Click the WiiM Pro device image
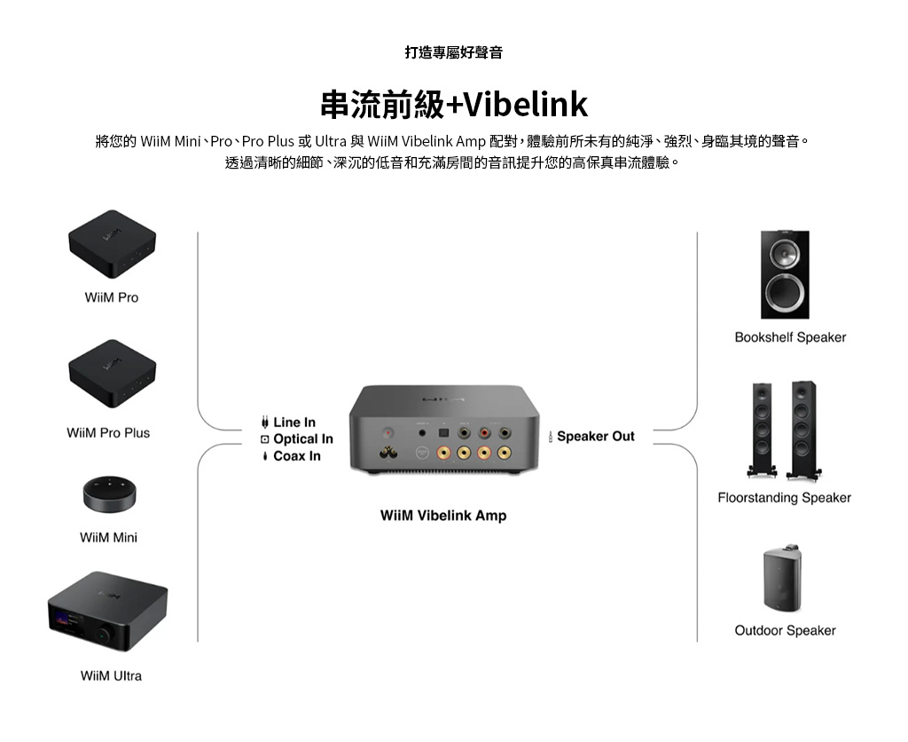(112, 244)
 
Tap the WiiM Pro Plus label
(108, 433)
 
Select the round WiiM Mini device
(111, 494)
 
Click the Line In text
(294, 422)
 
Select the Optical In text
(302, 439)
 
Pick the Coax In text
(296, 456)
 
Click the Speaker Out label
(595, 436)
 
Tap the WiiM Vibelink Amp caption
(443, 516)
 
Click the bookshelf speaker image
(785, 274)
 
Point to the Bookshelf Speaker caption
(790, 337)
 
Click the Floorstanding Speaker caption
(784, 498)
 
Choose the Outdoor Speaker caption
(785, 630)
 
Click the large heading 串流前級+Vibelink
(453, 105)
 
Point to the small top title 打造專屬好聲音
(453, 52)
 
